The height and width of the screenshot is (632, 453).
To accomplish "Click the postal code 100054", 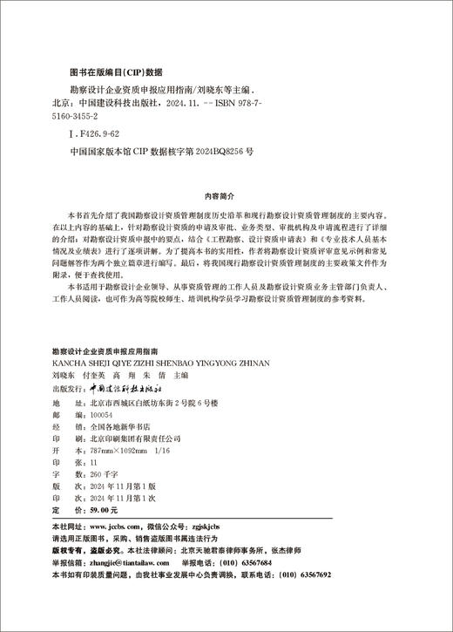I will pyautogui.click(x=103, y=416).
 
